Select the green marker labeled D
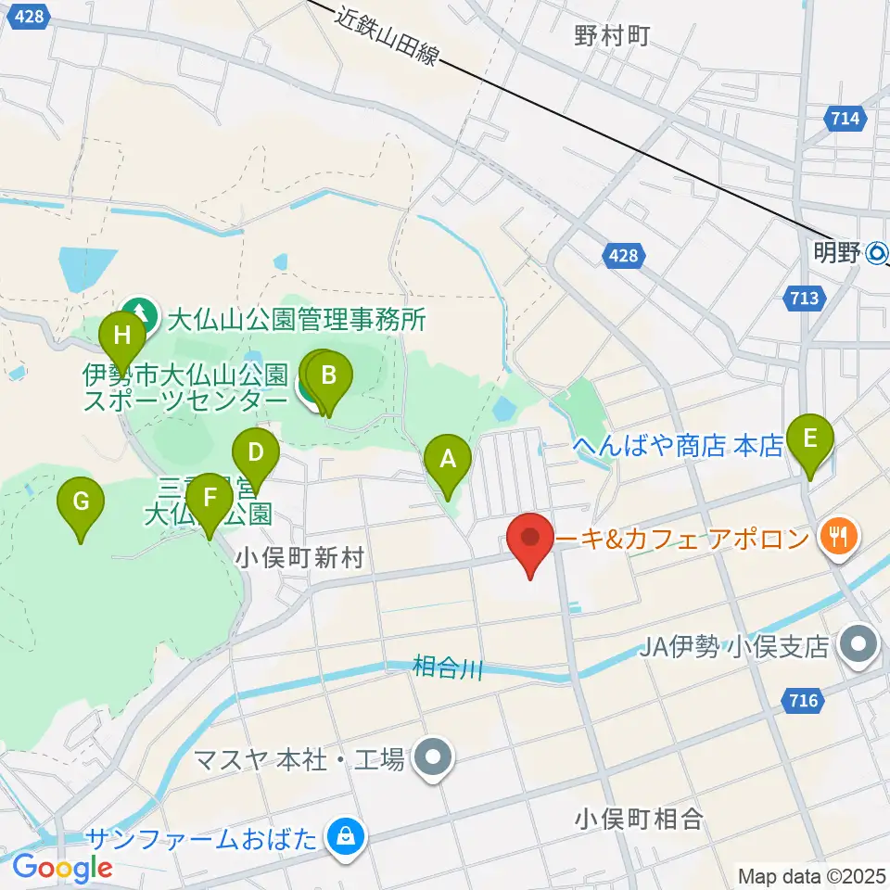256,455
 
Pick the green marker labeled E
810,439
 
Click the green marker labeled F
210,499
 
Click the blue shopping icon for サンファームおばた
345,839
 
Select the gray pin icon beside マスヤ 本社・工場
433,759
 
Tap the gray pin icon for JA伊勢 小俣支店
859,645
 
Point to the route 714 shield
845,118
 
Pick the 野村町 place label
612,36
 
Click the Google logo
62,869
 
